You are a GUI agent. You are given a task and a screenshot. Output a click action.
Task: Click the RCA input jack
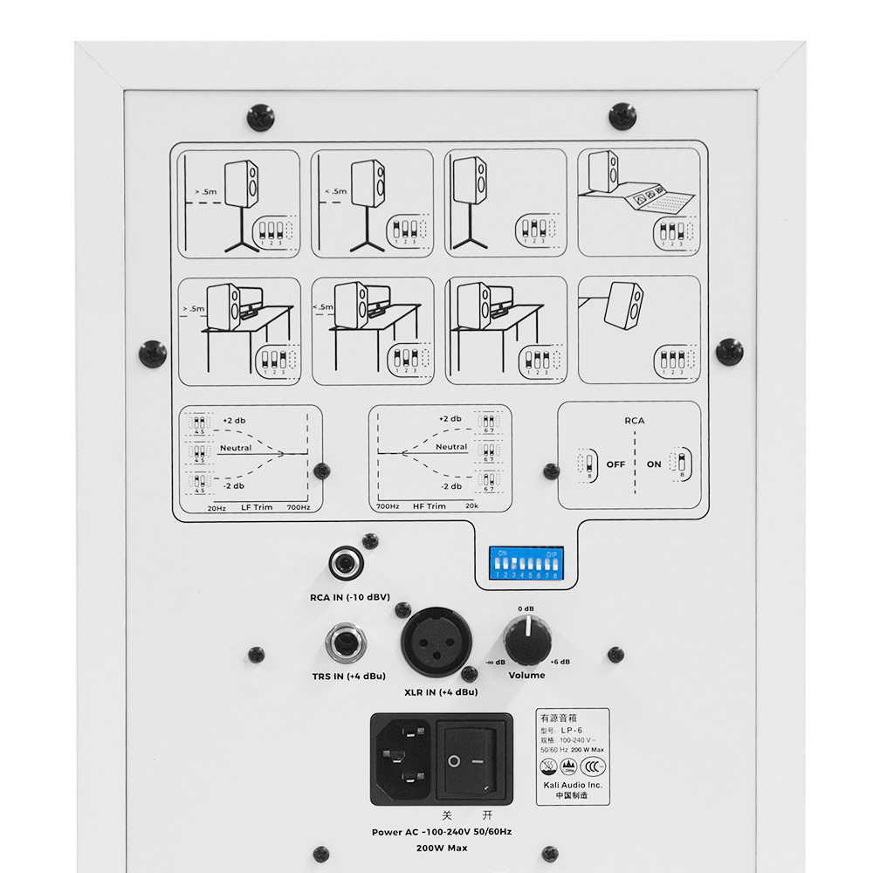(x=346, y=563)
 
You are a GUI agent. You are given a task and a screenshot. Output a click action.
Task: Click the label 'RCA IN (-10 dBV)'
(x=348, y=597)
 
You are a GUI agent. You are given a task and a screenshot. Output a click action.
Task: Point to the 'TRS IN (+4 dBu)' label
(x=349, y=677)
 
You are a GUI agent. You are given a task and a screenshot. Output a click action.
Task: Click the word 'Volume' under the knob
(x=526, y=675)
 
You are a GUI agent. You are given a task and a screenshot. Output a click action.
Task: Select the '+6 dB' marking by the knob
(x=560, y=662)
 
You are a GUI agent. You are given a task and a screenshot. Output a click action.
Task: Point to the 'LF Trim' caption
(x=258, y=506)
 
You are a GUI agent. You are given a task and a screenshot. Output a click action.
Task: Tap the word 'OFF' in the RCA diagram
(x=615, y=464)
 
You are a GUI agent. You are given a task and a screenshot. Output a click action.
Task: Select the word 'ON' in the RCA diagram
(x=654, y=464)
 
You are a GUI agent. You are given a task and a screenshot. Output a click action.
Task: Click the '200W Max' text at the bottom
(x=442, y=848)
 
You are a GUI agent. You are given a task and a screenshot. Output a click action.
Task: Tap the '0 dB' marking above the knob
(x=526, y=608)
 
